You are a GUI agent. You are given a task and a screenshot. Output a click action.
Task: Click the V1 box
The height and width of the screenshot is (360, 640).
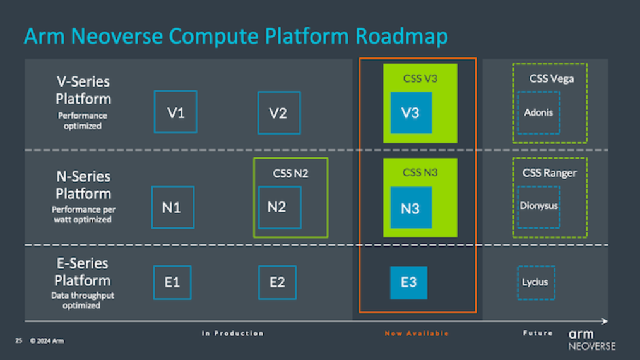[x=175, y=112]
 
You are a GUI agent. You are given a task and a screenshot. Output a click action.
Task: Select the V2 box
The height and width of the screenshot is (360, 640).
[x=278, y=112]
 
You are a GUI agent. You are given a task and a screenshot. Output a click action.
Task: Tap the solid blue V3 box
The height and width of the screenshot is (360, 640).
[x=411, y=112]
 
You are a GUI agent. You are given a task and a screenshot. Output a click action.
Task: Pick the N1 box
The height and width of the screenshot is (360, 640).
[x=172, y=207]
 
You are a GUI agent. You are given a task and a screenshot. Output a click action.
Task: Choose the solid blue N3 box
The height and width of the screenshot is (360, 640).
[x=410, y=208]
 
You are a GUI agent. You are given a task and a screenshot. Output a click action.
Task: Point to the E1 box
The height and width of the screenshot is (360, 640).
[x=172, y=282]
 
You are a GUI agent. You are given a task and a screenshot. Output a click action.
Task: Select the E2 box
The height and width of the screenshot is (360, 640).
[x=277, y=282]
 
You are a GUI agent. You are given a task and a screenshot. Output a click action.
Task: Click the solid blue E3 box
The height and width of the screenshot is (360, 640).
[x=408, y=282]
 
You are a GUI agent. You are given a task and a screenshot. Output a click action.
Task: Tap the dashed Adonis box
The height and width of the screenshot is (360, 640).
[x=538, y=112]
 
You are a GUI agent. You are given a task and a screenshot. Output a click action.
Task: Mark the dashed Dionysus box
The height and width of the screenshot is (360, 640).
[x=538, y=207]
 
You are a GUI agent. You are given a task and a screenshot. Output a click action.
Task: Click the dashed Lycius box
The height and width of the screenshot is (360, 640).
[x=535, y=282]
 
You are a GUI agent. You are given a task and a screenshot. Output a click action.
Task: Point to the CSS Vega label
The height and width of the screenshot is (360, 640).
[x=551, y=79]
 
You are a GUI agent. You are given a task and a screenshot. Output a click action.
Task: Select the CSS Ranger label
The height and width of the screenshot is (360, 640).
[x=549, y=172]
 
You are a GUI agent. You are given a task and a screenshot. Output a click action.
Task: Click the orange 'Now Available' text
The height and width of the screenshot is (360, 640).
[x=417, y=333]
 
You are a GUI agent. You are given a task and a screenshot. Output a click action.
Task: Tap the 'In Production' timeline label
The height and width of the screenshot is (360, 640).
[x=232, y=333]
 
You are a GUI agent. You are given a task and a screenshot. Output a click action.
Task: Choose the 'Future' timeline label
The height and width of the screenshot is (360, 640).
[x=538, y=333]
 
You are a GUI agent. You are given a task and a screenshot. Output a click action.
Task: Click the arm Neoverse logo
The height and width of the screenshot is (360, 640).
[x=591, y=339]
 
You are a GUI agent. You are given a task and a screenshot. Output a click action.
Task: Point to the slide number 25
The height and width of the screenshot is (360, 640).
[x=18, y=341]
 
